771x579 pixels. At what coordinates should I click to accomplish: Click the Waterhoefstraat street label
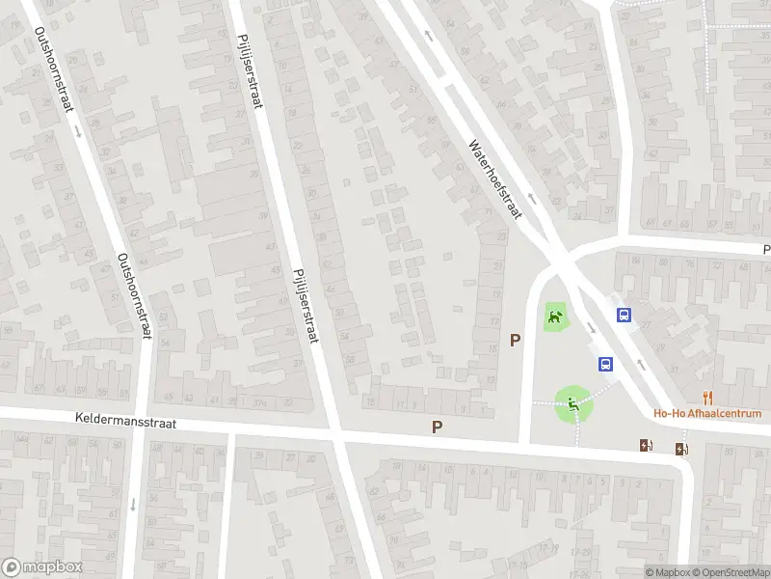coord(494,179)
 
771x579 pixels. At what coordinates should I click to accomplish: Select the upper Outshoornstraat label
coord(55,70)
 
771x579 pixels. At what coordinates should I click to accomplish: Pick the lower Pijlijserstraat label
coord(306,304)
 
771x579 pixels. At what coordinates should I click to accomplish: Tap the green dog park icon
coord(554,316)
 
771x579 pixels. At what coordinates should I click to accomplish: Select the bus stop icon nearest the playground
coord(606,364)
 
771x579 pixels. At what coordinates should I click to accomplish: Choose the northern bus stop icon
coord(625,315)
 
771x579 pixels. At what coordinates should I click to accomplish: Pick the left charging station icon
coord(646,445)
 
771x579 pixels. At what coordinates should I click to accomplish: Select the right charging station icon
coord(681,448)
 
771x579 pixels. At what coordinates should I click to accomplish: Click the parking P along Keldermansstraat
coord(438,426)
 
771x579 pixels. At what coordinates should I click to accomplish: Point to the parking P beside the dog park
coord(516,340)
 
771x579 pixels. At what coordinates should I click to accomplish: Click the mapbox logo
coord(43,567)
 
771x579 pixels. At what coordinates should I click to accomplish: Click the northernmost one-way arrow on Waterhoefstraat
coord(429,35)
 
